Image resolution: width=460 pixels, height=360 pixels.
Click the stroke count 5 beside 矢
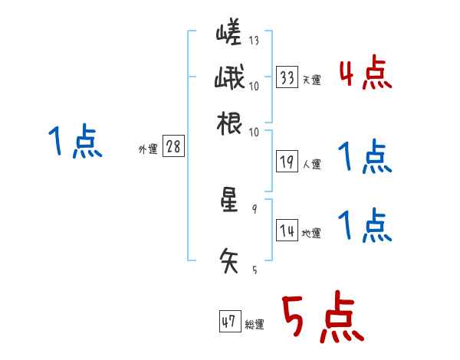(x=255, y=270)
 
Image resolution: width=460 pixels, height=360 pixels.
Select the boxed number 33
(x=287, y=77)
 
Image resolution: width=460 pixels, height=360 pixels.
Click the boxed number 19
(x=287, y=162)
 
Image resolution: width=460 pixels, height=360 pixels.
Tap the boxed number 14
(x=287, y=231)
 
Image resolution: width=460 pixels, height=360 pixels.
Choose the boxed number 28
(x=173, y=147)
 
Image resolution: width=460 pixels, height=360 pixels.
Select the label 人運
(x=311, y=164)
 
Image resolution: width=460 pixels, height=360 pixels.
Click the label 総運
(x=254, y=325)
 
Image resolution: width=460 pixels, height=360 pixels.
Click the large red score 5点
(x=321, y=319)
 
